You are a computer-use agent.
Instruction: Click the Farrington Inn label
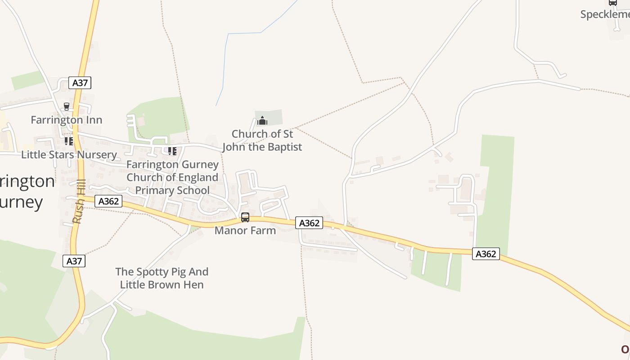pos(66,120)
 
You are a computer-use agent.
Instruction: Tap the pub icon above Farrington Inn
pos(67,107)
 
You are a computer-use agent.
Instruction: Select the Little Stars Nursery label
pos(69,155)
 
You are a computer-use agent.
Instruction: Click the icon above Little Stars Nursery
pos(68,141)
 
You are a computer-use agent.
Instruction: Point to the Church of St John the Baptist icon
pos(262,121)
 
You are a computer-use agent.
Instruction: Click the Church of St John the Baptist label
pos(262,140)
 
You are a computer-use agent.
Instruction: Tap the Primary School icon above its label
pos(172,151)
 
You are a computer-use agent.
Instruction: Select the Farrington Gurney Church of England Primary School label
pos(172,177)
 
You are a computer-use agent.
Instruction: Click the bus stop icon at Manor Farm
pos(245,217)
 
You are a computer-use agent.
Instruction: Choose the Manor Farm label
pos(245,230)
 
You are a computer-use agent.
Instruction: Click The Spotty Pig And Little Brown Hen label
pos(162,278)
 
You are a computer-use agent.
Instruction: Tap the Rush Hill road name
pos(79,202)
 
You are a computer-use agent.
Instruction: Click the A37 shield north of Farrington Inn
pos(80,83)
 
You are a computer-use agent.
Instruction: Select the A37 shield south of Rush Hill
pos(74,261)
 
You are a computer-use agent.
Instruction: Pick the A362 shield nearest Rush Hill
pos(108,201)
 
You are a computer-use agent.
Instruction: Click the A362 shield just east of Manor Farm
pos(309,223)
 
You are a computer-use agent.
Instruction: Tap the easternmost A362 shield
pos(486,254)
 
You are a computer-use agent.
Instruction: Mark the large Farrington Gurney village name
pos(25,191)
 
